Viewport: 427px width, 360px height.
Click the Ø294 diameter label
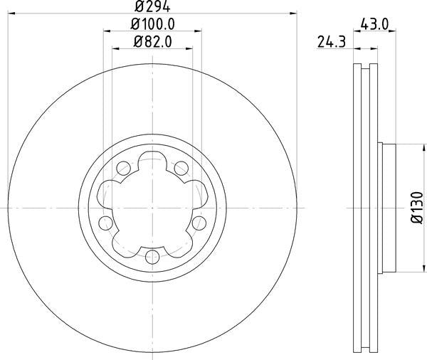click(153, 6)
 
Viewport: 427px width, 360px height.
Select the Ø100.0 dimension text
click(153, 24)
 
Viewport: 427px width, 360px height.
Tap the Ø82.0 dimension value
click(153, 42)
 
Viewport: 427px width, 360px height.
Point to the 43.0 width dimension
click(374, 24)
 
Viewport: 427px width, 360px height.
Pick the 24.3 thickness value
click(328, 42)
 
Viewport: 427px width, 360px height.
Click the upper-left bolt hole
click(123, 169)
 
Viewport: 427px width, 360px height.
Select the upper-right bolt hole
click(181, 168)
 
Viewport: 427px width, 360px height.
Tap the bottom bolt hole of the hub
click(153, 257)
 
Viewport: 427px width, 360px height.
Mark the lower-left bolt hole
click(105, 223)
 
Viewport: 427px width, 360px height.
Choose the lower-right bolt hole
click(200, 223)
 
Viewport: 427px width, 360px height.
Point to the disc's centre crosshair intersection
click(152, 207)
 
